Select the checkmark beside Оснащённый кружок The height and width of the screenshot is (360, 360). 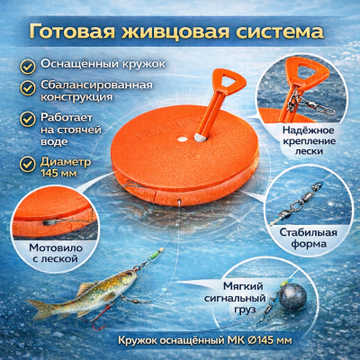click(x=28, y=67)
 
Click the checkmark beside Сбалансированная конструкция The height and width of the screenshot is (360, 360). click(x=28, y=88)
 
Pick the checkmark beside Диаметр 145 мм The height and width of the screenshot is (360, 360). click(x=28, y=164)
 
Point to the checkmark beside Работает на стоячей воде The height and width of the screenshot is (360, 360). click(x=28, y=120)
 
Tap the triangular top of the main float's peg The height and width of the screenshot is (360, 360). click(x=229, y=80)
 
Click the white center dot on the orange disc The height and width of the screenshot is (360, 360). click(x=182, y=139)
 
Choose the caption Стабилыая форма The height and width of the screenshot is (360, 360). click(x=309, y=238)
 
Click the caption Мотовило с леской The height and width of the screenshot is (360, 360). click(x=56, y=253)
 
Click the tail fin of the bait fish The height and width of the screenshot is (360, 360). click(x=40, y=308)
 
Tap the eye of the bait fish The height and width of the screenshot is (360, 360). click(x=130, y=274)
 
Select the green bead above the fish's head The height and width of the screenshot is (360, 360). click(x=154, y=256)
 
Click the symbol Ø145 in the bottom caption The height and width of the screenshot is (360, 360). click(x=257, y=340)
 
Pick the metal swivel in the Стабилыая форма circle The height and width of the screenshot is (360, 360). click(x=300, y=203)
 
